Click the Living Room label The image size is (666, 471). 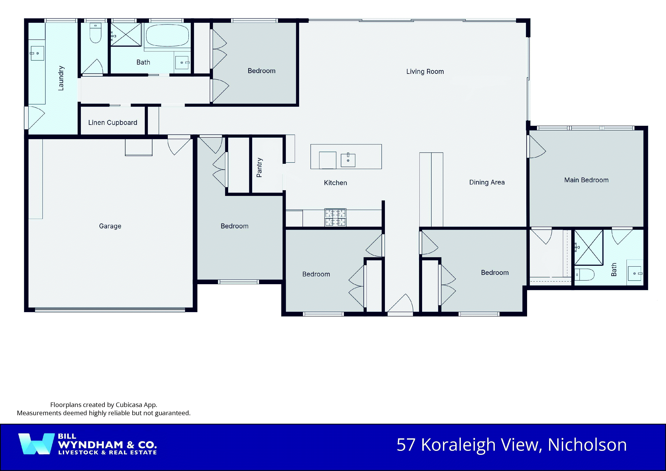point(425,72)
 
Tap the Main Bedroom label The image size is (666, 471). point(586,180)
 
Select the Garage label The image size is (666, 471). point(110,226)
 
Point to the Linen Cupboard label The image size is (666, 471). point(113,123)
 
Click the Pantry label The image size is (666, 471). point(259,167)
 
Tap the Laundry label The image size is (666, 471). point(61,78)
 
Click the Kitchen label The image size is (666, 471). point(335,183)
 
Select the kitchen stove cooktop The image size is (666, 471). point(335,217)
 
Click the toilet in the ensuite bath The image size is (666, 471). point(584,274)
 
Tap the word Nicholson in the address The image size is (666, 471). point(587,445)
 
